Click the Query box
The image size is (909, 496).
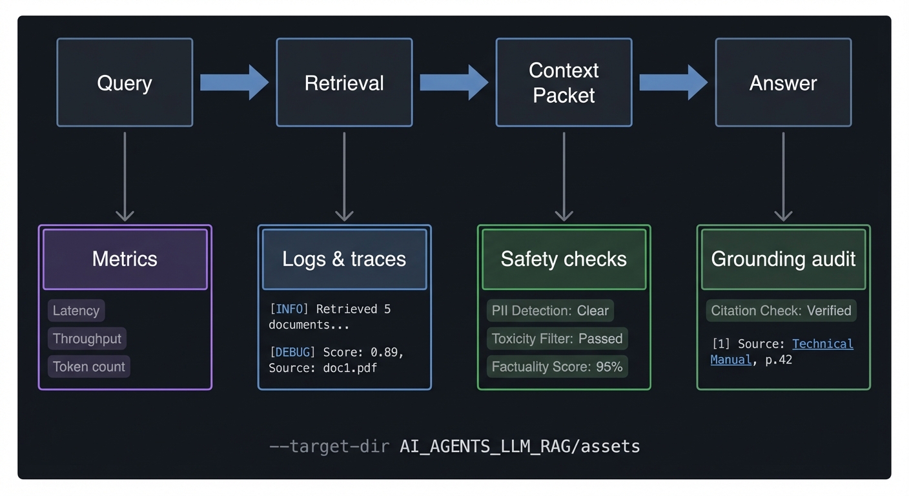(x=125, y=83)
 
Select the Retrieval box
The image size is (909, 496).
(x=344, y=83)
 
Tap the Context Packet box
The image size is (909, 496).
(x=564, y=83)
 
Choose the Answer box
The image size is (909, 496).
(x=783, y=83)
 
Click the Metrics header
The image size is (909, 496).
(x=125, y=259)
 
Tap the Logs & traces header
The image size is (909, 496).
(x=344, y=259)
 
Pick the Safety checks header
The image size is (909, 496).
(x=564, y=259)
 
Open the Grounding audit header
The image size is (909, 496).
(x=783, y=259)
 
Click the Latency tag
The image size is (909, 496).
(x=76, y=311)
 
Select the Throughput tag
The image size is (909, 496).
(x=87, y=338)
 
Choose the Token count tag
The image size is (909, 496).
(x=89, y=367)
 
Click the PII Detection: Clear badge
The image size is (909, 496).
(x=550, y=311)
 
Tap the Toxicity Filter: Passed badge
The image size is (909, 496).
(x=557, y=338)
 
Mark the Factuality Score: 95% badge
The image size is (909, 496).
(x=557, y=367)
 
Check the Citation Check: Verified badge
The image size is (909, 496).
(x=781, y=311)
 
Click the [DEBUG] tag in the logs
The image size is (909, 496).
(x=292, y=352)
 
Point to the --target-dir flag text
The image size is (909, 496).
(x=331, y=446)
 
